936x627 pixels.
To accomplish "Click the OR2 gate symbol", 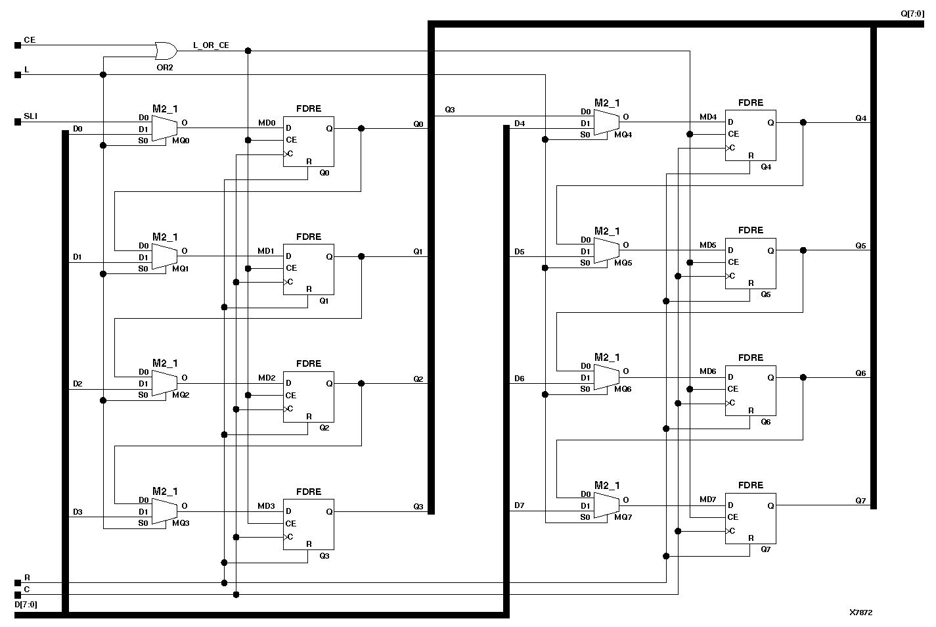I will point(165,51).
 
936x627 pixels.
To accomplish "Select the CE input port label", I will point(30,40).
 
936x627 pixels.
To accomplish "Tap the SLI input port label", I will point(30,116).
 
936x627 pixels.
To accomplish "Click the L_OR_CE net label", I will point(211,45).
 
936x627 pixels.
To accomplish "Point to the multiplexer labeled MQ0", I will point(164,128).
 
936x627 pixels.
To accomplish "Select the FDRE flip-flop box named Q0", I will point(308,141).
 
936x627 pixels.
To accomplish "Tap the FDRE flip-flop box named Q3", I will point(308,524).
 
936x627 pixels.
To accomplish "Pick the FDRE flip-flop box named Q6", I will point(750,390).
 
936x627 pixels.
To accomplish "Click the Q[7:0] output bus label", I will point(912,13).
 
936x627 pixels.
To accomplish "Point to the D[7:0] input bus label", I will point(26,604).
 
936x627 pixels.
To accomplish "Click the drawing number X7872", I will point(860,613).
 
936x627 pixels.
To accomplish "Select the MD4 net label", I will point(707,117).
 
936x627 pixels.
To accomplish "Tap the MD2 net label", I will point(266,378).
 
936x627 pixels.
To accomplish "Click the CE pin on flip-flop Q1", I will point(291,268).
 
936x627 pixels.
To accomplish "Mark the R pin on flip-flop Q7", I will point(751,538).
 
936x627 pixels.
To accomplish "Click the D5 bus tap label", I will point(519,252).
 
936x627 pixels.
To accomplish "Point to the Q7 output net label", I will point(860,501).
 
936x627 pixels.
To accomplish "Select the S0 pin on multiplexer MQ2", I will point(143,395).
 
